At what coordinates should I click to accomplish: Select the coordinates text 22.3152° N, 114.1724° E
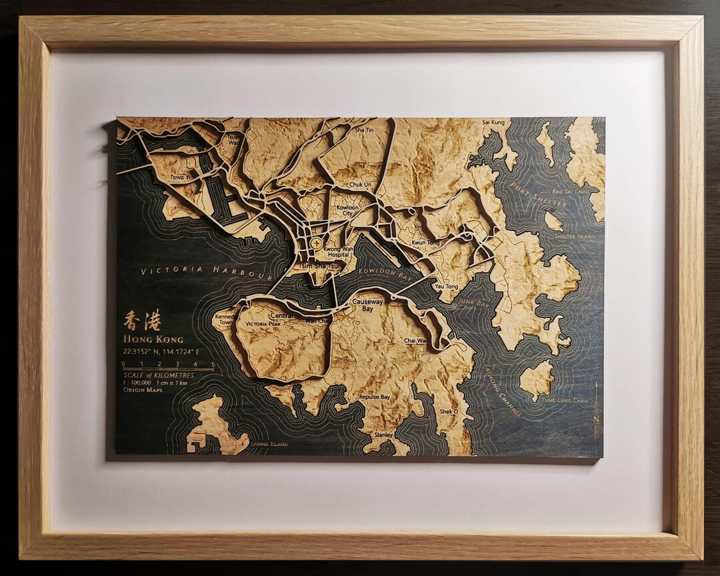(x=161, y=351)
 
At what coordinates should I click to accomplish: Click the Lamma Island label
(x=269, y=444)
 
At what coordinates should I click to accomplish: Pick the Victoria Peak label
(x=263, y=324)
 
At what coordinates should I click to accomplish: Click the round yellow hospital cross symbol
(x=315, y=243)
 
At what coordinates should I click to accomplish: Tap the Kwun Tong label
(x=425, y=243)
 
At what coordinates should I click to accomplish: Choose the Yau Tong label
(x=446, y=286)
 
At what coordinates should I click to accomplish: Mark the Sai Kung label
(x=493, y=123)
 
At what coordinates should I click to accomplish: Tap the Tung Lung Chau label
(x=564, y=400)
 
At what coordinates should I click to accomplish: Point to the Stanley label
(x=383, y=434)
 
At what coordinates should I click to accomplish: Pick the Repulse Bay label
(x=374, y=397)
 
